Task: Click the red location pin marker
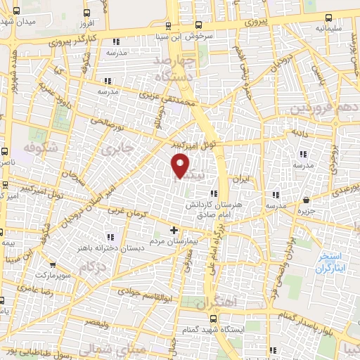(181, 166)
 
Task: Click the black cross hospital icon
(174, 230)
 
